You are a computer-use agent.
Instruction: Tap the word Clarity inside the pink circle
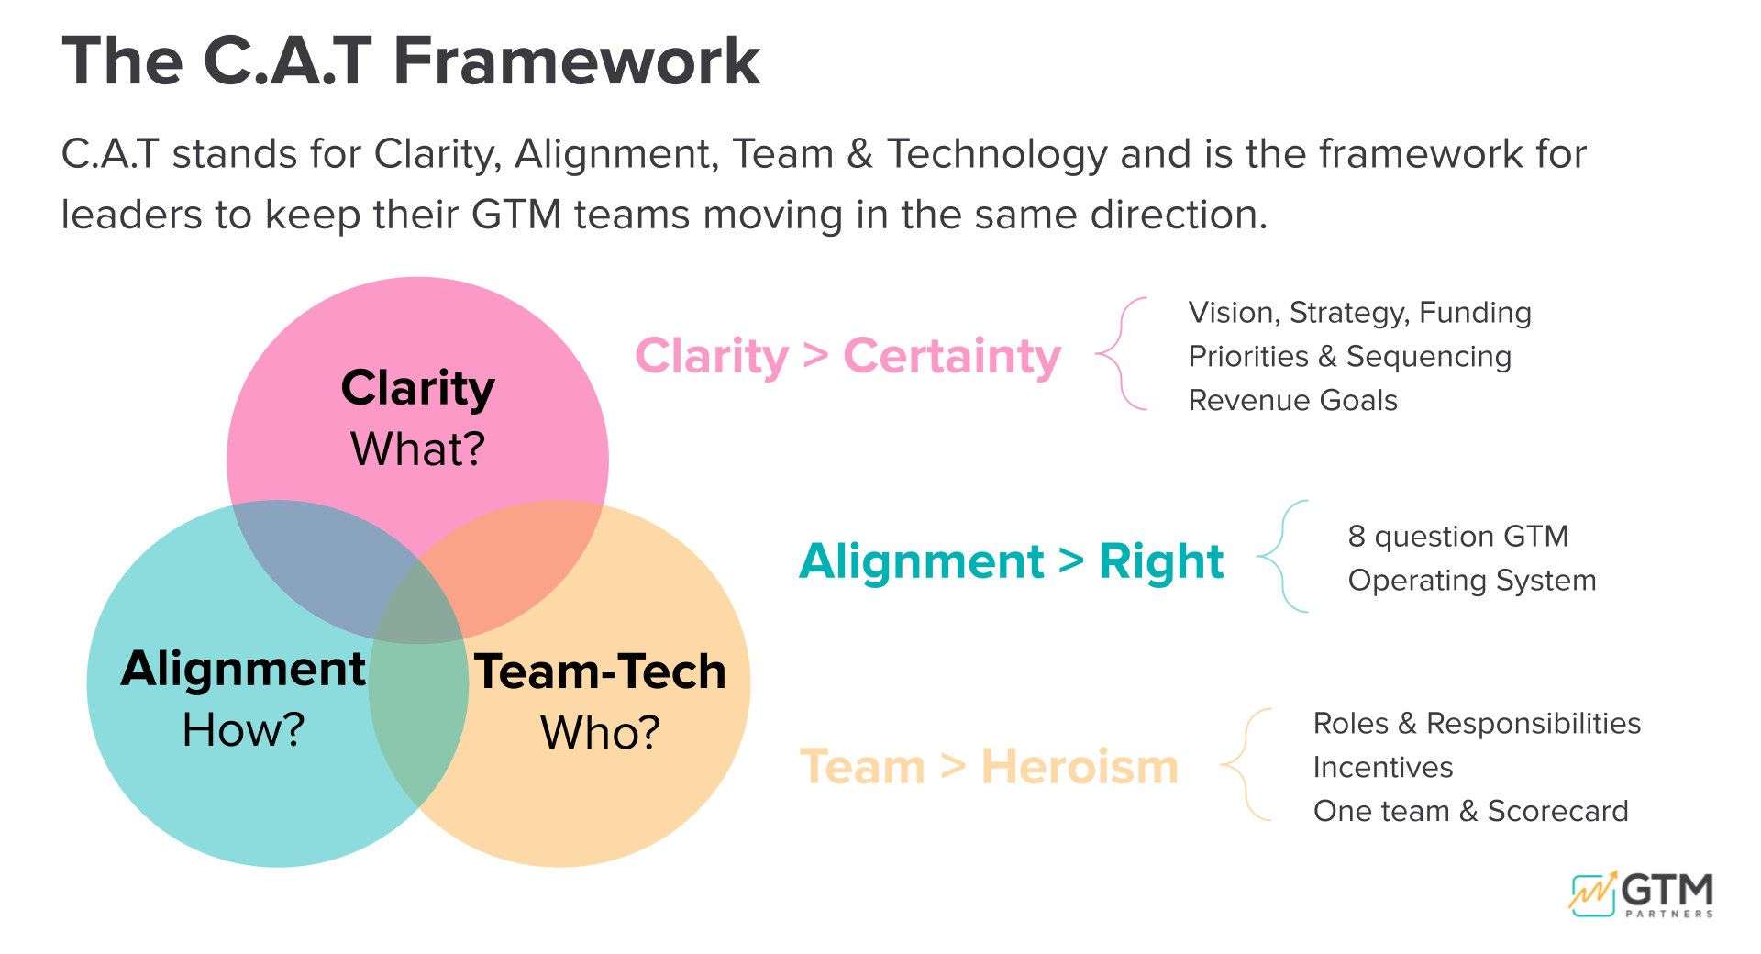[x=417, y=388]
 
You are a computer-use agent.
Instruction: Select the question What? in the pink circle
[x=417, y=449]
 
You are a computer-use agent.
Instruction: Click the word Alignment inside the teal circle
[x=243, y=669]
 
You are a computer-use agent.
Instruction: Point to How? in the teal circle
[x=243, y=730]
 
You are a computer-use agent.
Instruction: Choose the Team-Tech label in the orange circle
[x=600, y=671]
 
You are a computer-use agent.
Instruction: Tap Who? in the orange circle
[x=600, y=733]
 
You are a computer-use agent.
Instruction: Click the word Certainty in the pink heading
[x=951, y=356]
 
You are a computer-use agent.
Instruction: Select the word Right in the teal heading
[x=1160, y=561]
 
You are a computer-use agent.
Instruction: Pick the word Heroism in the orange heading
[x=1079, y=767]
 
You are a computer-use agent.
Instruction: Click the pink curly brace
[x=1122, y=353]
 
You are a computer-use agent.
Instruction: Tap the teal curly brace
[x=1282, y=556]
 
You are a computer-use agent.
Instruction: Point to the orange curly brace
[x=1246, y=764]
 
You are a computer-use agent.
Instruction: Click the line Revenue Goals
[x=1292, y=401]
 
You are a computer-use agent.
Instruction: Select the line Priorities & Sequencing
[x=1349, y=357]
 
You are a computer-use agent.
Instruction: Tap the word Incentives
[x=1382, y=768]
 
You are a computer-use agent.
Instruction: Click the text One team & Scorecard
[x=1470, y=812]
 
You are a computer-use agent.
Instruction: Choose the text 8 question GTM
[x=1457, y=537]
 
